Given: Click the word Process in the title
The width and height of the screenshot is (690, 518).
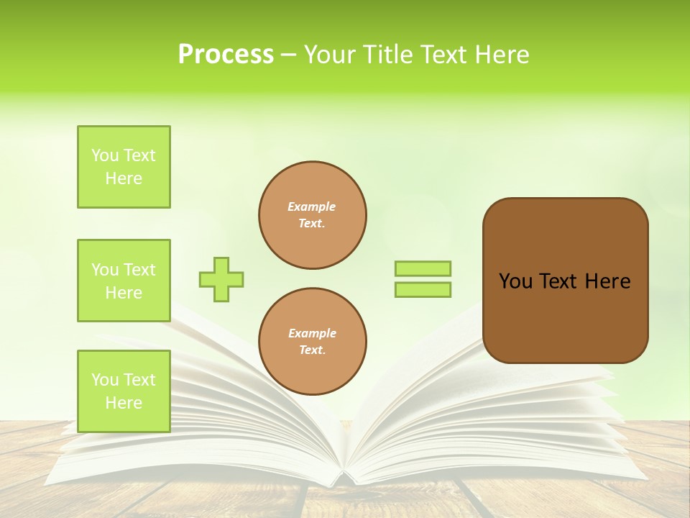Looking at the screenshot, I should click(226, 55).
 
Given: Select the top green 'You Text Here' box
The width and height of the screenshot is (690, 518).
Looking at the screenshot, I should click(124, 167).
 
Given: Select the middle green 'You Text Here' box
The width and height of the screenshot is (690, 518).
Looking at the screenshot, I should click(124, 281).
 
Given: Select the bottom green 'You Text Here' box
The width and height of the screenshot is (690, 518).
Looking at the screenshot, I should click(124, 391).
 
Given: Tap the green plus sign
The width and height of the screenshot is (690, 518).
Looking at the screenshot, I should click(221, 279).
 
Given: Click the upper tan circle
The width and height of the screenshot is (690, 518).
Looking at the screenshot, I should click(313, 215).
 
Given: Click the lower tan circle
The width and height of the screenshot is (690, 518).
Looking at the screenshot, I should click(313, 342).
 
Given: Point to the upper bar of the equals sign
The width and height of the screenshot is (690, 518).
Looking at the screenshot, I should click(423, 268).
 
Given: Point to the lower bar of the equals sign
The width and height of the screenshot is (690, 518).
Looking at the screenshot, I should click(423, 289).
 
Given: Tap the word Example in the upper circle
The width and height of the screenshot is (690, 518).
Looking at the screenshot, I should click(312, 206).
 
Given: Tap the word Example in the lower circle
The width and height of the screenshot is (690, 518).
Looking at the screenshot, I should click(312, 333).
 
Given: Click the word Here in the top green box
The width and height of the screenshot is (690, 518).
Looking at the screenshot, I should click(124, 178).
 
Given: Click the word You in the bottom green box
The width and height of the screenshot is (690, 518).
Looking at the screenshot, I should click(105, 380).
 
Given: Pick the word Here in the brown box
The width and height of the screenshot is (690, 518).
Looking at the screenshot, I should click(608, 281).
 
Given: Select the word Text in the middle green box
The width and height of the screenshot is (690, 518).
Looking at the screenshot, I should click(139, 270).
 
